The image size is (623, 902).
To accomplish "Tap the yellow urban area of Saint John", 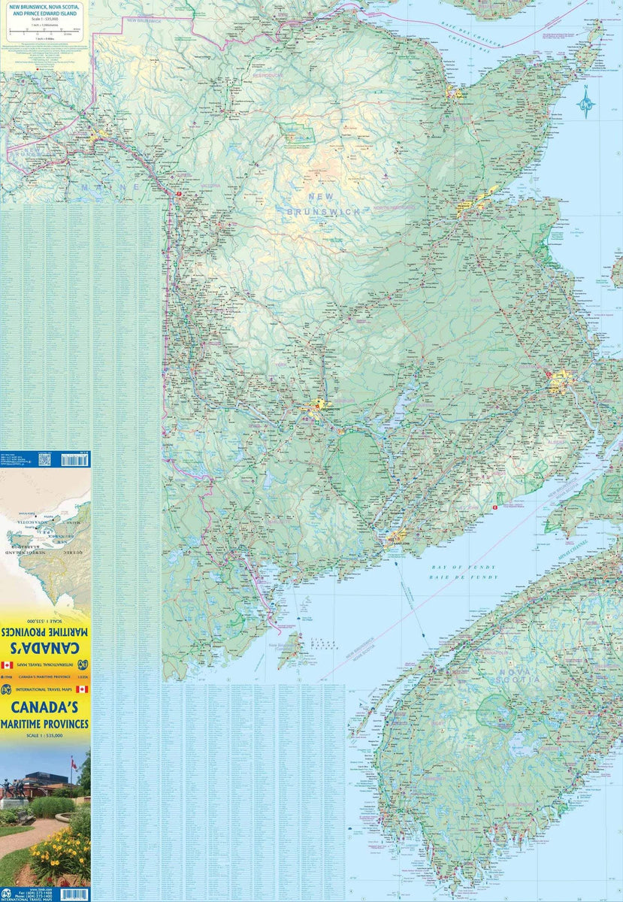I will [394, 537].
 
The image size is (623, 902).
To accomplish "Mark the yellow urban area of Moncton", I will [560, 383].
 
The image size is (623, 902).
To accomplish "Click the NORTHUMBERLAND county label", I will [386, 207].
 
